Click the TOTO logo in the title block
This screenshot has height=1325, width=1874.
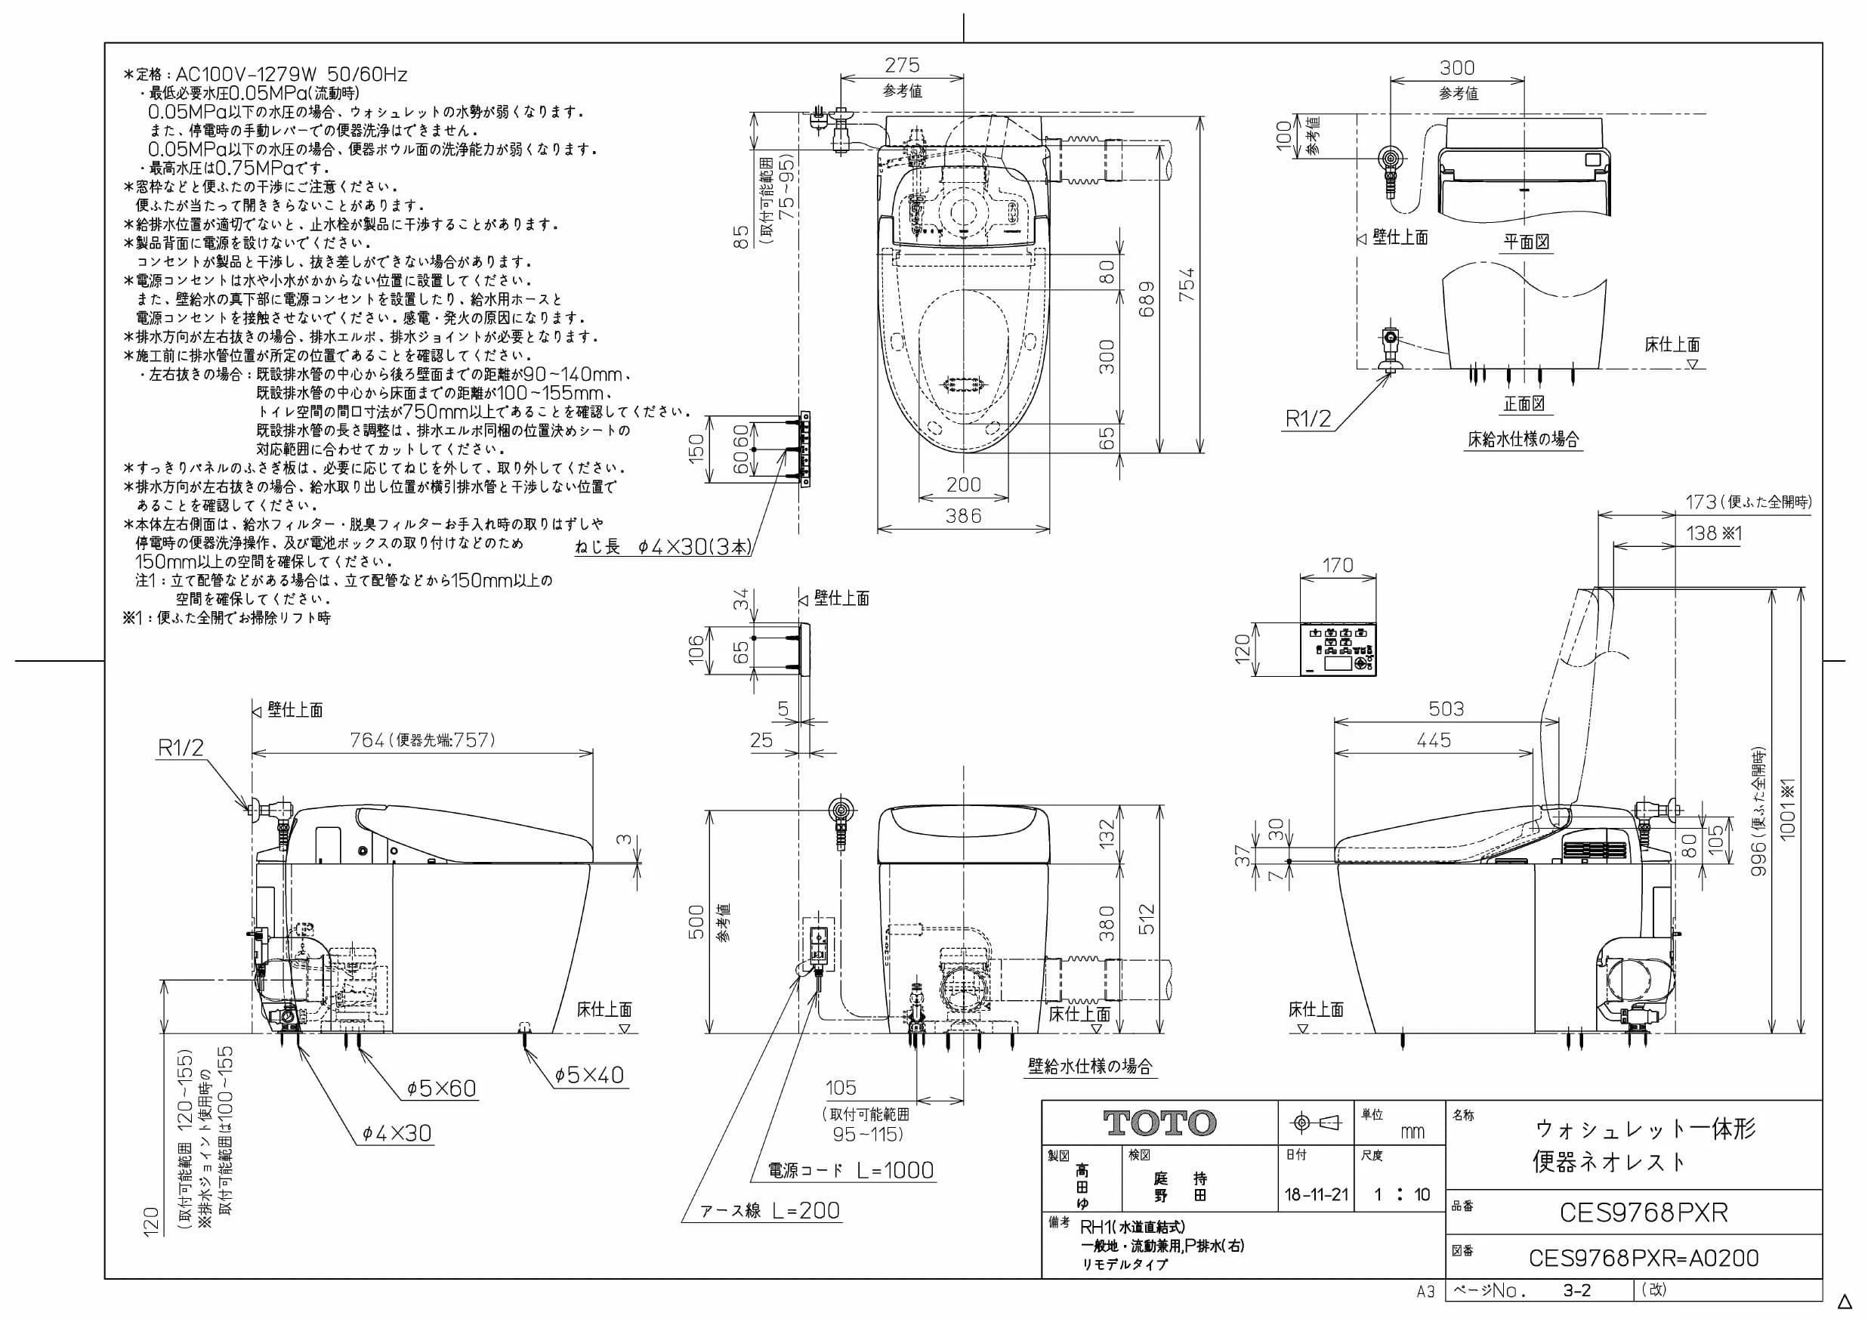(1159, 1123)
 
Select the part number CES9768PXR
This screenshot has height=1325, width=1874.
(1644, 1213)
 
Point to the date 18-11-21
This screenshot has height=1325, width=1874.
(1317, 1195)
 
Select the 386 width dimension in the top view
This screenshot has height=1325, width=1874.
(963, 516)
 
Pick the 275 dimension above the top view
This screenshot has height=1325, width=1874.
(902, 64)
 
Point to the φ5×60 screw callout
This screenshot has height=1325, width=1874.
(442, 1089)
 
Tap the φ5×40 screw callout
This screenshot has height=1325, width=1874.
(589, 1075)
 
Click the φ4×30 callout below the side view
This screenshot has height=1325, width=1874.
(397, 1133)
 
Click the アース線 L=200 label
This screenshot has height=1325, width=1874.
(770, 1211)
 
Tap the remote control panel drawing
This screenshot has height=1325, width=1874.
(1338, 650)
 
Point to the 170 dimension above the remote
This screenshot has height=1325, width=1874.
(1337, 565)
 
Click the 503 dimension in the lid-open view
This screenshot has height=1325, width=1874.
(1446, 709)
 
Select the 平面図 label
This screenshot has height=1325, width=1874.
(1527, 242)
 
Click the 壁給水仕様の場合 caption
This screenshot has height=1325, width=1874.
(1091, 1066)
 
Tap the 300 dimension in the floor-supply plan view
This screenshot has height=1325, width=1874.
(1457, 68)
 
